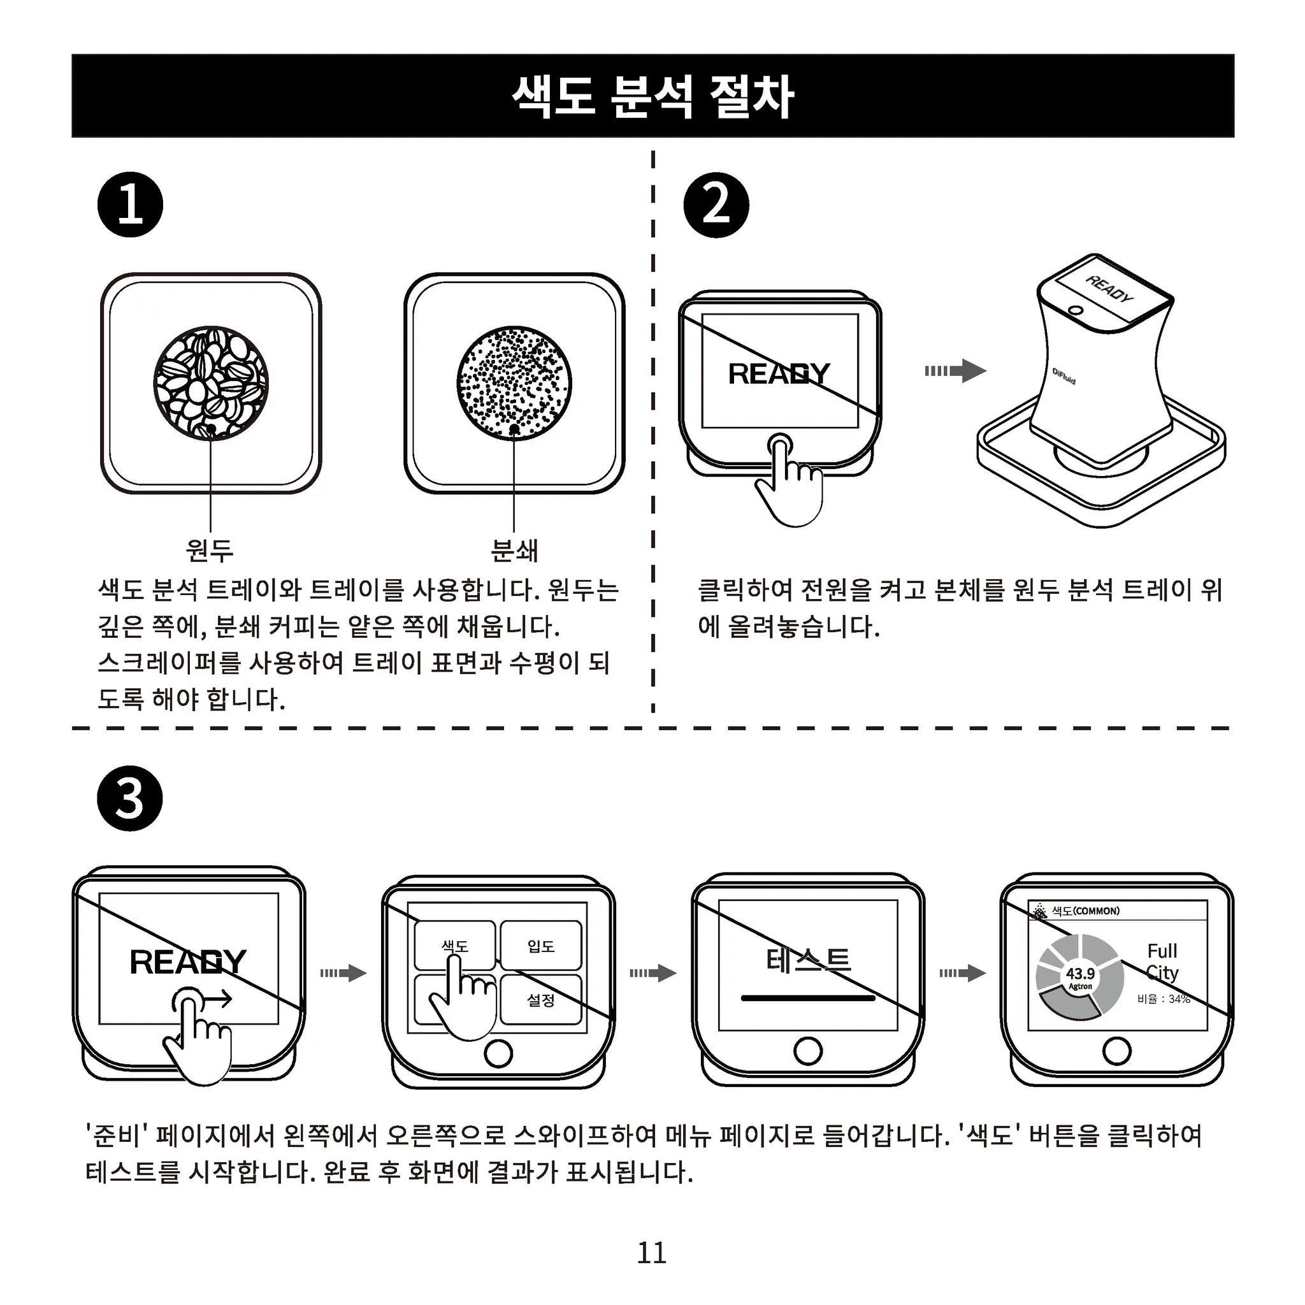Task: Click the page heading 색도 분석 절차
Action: tap(652, 97)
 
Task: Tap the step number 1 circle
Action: tap(131, 205)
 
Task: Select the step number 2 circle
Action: tap(716, 205)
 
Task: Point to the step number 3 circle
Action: tap(131, 798)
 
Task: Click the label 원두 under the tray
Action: tap(210, 551)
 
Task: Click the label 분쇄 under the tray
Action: tap(514, 551)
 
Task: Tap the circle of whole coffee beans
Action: tap(211, 384)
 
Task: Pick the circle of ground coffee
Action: tap(514, 384)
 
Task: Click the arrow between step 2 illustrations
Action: tap(956, 370)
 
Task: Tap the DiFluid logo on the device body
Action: tap(1064, 376)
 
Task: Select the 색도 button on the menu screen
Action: tap(454, 946)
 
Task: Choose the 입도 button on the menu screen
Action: tap(541, 946)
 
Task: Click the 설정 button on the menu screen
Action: tap(541, 1000)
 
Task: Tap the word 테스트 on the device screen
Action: tap(808, 960)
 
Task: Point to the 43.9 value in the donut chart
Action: tap(1080, 974)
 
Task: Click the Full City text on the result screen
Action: tap(1162, 962)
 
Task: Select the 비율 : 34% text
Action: tap(1163, 999)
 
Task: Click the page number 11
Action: tap(652, 1253)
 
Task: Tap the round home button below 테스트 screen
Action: tap(808, 1051)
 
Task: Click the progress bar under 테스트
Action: tap(808, 998)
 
